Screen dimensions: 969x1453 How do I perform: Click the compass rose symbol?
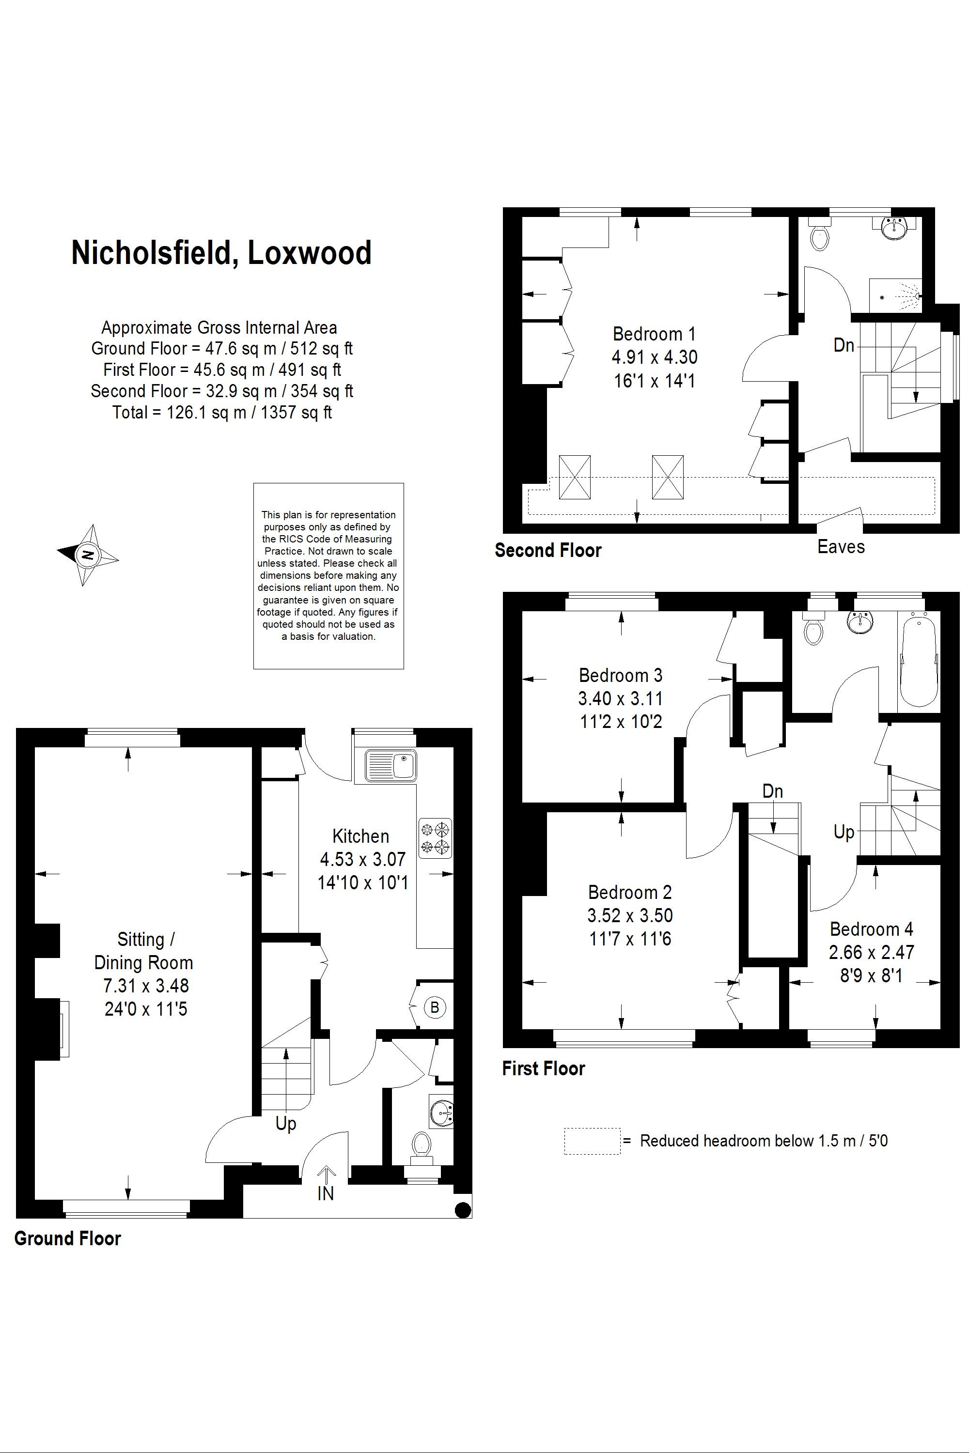pos(88,554)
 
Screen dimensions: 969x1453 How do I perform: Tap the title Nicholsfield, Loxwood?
pos(221,253)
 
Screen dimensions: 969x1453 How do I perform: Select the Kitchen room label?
pos(361,836)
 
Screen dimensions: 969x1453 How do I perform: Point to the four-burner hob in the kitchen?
pos(435,838)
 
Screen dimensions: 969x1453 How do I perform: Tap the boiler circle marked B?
pos(435,1007)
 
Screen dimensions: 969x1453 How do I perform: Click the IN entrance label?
pos(326,1193)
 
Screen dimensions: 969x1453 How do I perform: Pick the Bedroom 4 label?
pos(871,929)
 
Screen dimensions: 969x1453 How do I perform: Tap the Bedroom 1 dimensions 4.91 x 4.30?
pos(655,357)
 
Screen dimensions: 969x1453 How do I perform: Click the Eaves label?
pos(841,547)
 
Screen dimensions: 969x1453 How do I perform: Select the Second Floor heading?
pos(547,550)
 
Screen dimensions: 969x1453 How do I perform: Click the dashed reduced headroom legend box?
pos(592,1141)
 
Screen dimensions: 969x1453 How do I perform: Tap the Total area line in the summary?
pos(222,412)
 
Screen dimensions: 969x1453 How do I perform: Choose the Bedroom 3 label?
pos(621,675)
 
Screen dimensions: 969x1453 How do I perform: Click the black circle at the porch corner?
pos(462,1209)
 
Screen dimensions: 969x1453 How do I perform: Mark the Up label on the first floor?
pos(844,832)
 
